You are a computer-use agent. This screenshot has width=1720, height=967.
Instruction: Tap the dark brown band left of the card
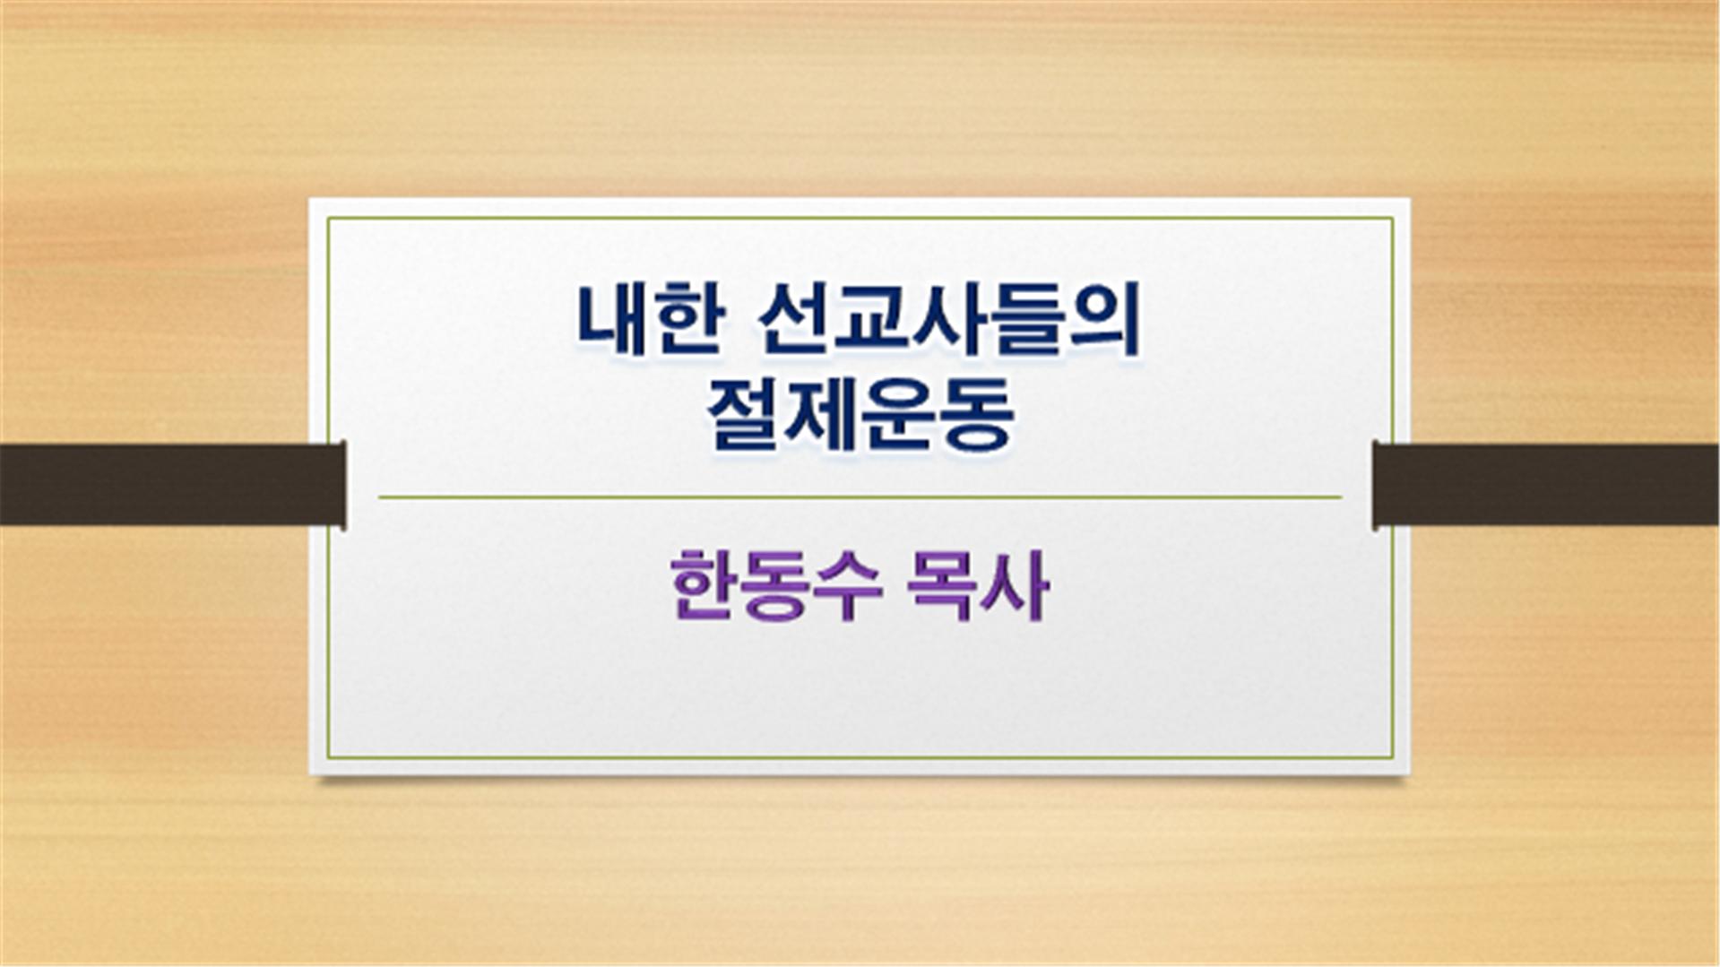(x=173, y=485)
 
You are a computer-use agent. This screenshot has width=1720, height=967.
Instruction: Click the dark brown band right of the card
(x=1547, y=485)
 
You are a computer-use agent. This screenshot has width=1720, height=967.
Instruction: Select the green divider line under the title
(x=860, y=496)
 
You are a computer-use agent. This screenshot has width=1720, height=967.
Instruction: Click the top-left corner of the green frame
(x=328, y=218)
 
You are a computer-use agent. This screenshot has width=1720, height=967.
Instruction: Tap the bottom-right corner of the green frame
(x=1393, y=757)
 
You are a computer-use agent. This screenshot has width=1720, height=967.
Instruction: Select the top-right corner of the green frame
(x=1393, y=218)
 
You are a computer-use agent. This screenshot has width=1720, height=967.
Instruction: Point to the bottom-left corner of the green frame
(x=328, y=757)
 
